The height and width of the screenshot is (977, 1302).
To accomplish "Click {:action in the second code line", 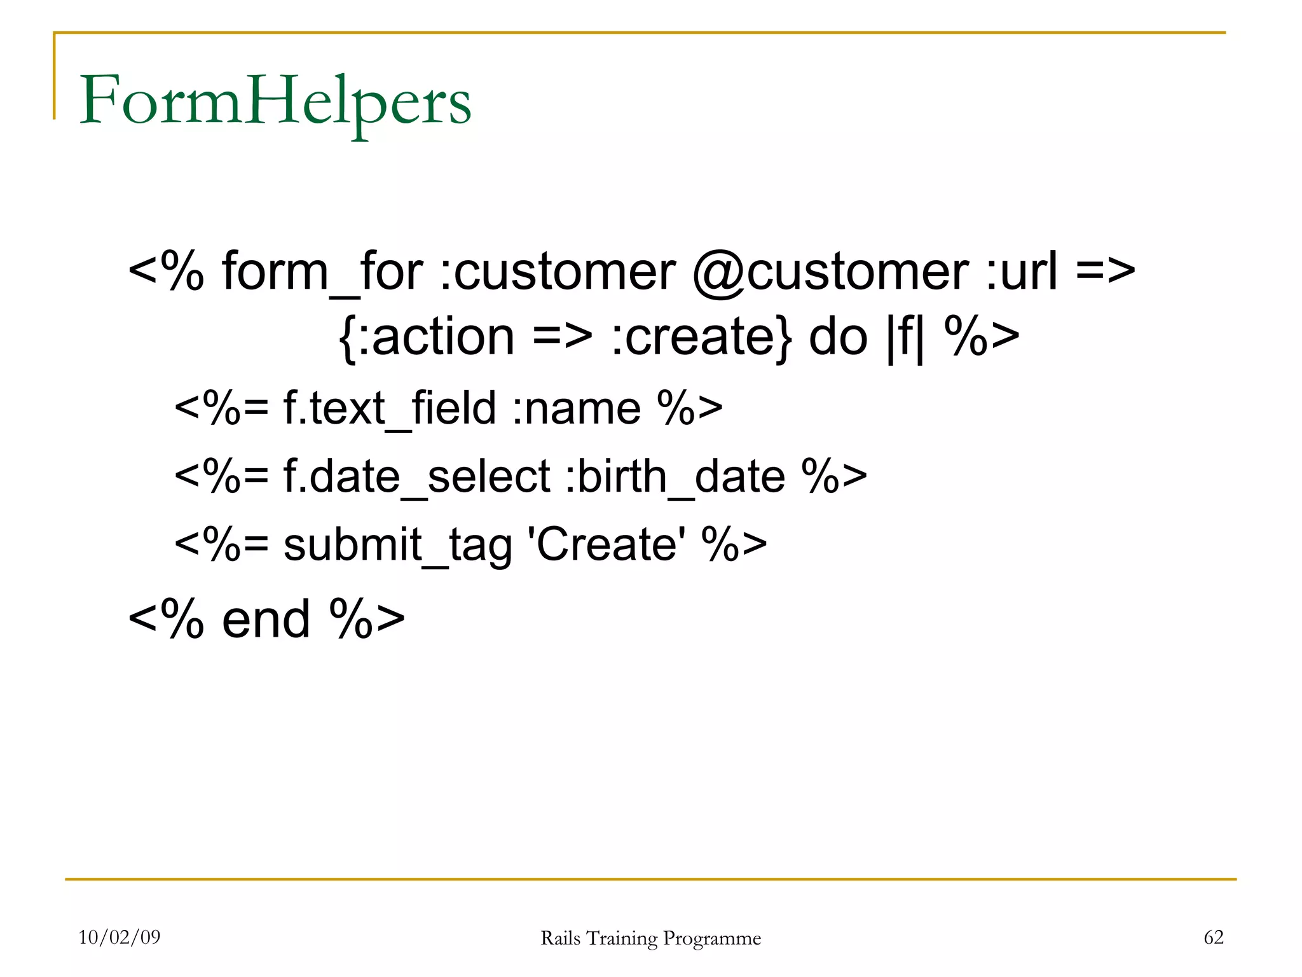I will [x=427, y=337].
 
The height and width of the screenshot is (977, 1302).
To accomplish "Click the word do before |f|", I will [x=838, y=337].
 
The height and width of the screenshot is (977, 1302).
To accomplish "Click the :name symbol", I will [x=577, y=408].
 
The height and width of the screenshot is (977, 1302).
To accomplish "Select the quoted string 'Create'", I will [x=607, y=544].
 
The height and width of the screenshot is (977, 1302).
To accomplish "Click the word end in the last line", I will [x=266, y=620].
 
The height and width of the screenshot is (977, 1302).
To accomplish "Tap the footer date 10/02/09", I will [x=120, y=937].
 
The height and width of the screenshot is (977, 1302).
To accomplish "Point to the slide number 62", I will [x=1214, y=937].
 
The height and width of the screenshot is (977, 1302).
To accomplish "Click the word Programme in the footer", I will [x=711, y=939].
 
